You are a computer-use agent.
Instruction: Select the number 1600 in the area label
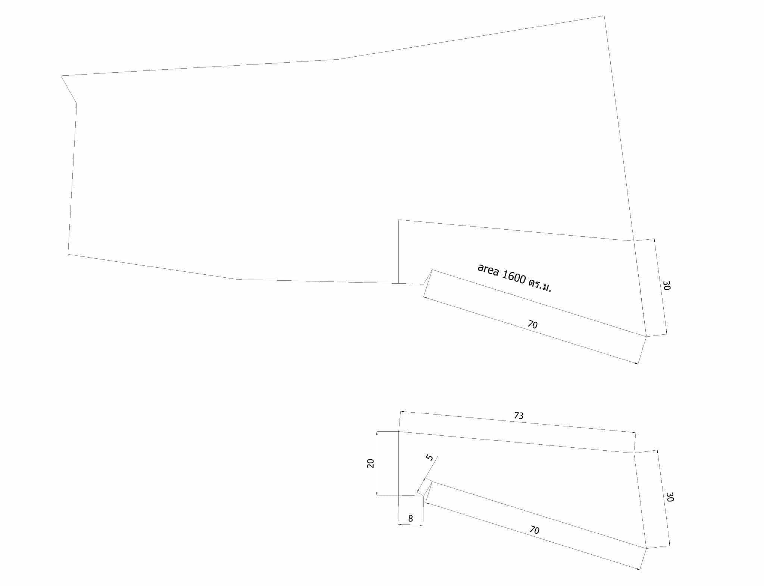[x=514, y=277]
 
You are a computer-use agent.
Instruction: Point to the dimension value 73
[x=519, y=415]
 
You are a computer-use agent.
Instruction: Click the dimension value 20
[x=370, y=463]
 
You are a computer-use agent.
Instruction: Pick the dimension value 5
[x=430, y=457]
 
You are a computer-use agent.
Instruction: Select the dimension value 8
[x=410, y=519]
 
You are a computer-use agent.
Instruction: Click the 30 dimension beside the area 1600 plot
[x=667, y=286]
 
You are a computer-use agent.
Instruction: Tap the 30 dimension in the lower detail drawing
[x=670, y=497]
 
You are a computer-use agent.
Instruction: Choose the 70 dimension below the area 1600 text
[x=533, y=324]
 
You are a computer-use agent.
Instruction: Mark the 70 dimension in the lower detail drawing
[x=535, y=530]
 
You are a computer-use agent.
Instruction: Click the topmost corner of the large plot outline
[x=604, y=16]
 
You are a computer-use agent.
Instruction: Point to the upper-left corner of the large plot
[x=61, y=76]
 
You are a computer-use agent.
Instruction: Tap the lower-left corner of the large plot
[x=68, y=254]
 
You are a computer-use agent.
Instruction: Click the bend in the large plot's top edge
[x=338, y=59]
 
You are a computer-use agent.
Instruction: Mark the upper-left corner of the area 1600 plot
[x=398, y=220]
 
